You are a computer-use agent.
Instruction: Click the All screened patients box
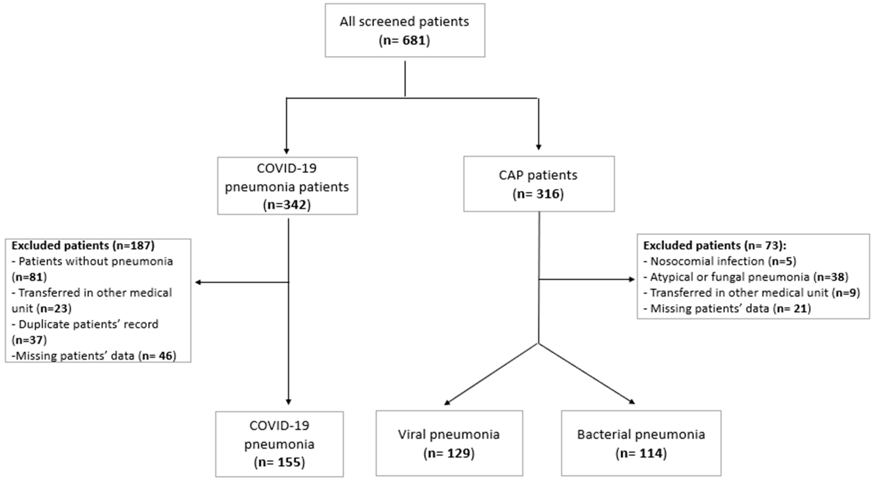click(405, 30)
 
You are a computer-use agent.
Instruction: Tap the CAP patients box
click(539, 184)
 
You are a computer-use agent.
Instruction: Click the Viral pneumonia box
click(449, 443)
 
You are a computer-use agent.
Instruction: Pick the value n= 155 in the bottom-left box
click(280, 462)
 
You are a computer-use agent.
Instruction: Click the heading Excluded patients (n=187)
click(83, 245)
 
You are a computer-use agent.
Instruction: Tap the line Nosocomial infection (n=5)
click(720, 261)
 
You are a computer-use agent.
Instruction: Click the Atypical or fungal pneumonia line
click(746, 277)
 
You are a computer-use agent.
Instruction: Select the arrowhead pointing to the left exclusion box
click(198, 282)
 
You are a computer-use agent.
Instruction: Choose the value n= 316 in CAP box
click(538, 194)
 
